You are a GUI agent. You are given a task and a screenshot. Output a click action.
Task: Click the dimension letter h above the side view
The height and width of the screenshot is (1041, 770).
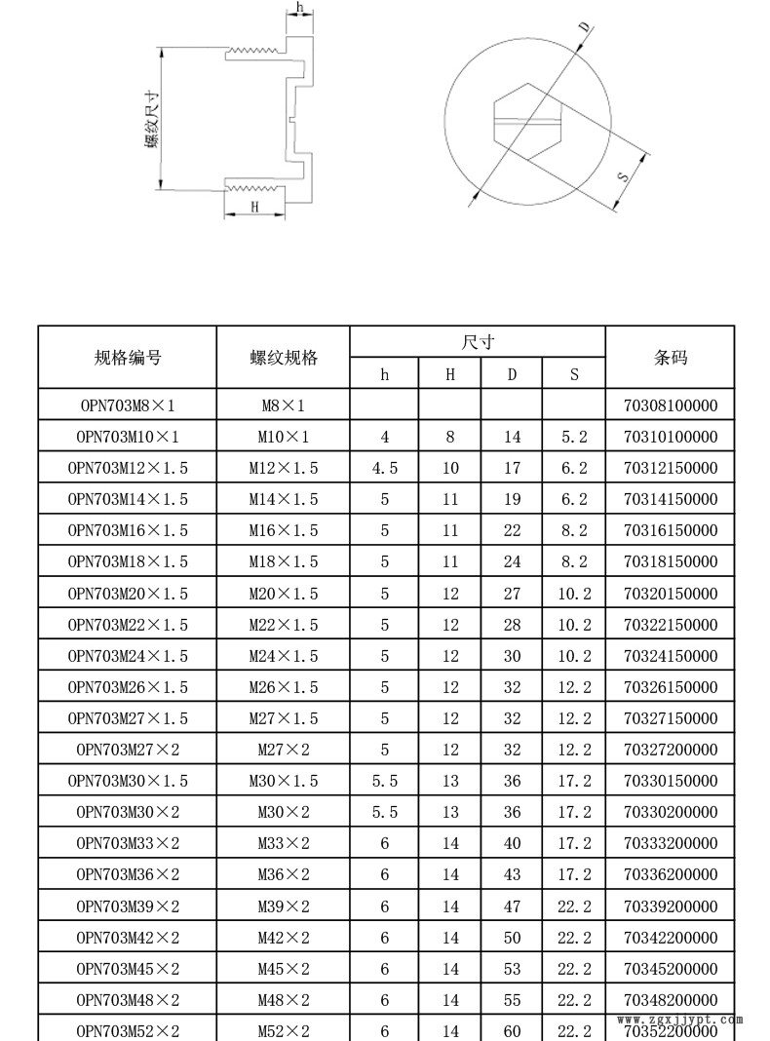pos(300,8)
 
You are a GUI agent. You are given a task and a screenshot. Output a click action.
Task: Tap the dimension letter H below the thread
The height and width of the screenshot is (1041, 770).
pos(254,207)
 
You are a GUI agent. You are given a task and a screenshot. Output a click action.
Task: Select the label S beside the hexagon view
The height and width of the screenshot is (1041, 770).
pos(624,177)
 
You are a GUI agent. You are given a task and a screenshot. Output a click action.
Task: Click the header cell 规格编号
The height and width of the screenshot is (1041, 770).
pos(128,358)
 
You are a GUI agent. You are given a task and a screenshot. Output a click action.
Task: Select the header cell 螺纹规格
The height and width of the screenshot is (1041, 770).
pos(284,358)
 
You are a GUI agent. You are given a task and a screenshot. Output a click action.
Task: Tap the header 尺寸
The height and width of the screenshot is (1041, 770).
pos(478,342)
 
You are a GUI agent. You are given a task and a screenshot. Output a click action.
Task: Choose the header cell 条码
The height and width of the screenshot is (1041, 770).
pos(670,358)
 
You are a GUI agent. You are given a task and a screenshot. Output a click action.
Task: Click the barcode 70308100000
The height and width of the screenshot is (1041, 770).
pos(670,405)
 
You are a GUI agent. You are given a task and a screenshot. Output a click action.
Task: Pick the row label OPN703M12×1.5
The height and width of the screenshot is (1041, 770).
pos(128,468)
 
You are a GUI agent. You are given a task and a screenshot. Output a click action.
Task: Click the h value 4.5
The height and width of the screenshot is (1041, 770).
pos(385,468)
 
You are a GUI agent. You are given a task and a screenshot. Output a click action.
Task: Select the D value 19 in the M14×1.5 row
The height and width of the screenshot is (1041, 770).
pos(512,499)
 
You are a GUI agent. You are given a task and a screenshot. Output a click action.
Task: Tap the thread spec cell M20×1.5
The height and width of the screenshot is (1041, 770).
pos(284,594)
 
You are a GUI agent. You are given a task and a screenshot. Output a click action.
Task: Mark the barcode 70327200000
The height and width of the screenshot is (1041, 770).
pos(670,750)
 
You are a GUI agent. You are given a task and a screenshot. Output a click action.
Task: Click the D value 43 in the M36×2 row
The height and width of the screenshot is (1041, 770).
pos(512,875)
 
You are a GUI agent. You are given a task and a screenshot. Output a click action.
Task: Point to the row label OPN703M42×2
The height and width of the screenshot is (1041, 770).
pos(128,938)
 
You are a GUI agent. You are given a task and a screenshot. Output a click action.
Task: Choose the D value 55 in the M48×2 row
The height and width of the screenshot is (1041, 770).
pos(512,1000)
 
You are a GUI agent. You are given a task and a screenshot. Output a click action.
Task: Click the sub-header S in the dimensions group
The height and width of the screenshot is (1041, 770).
pos(574,373)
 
